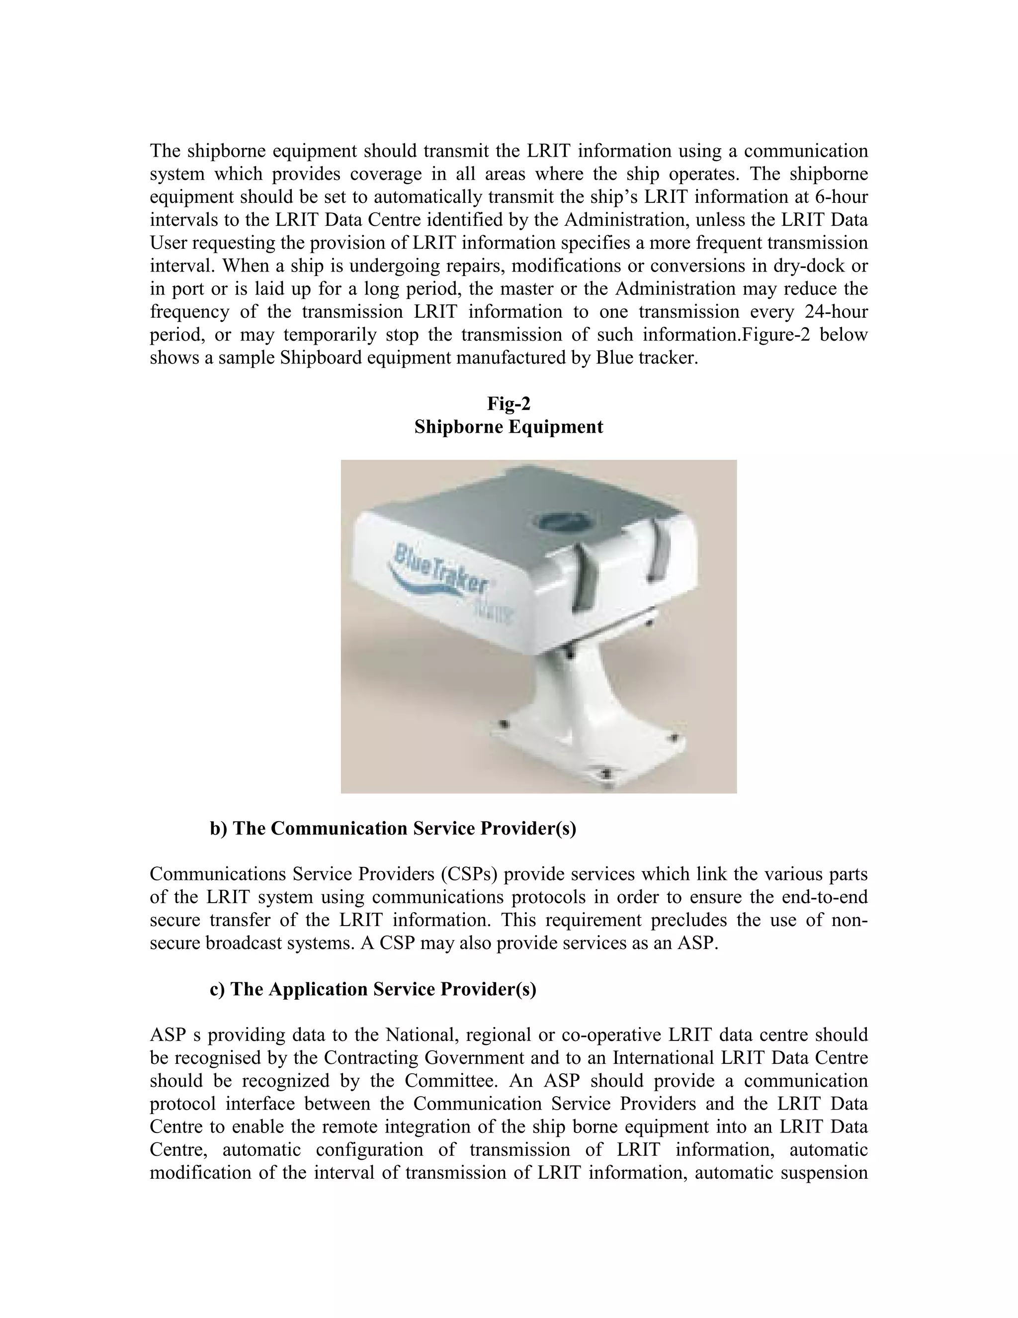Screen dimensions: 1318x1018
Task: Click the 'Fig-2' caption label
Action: (x=509, y=403)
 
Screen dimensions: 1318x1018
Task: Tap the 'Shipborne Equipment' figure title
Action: (x=509, y=427)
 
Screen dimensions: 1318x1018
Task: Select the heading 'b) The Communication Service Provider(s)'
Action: (x=393, y=829)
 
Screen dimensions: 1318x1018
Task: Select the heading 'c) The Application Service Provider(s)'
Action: (x=373, y=989)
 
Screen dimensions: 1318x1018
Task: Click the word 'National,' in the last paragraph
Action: (x=422, y=1035)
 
